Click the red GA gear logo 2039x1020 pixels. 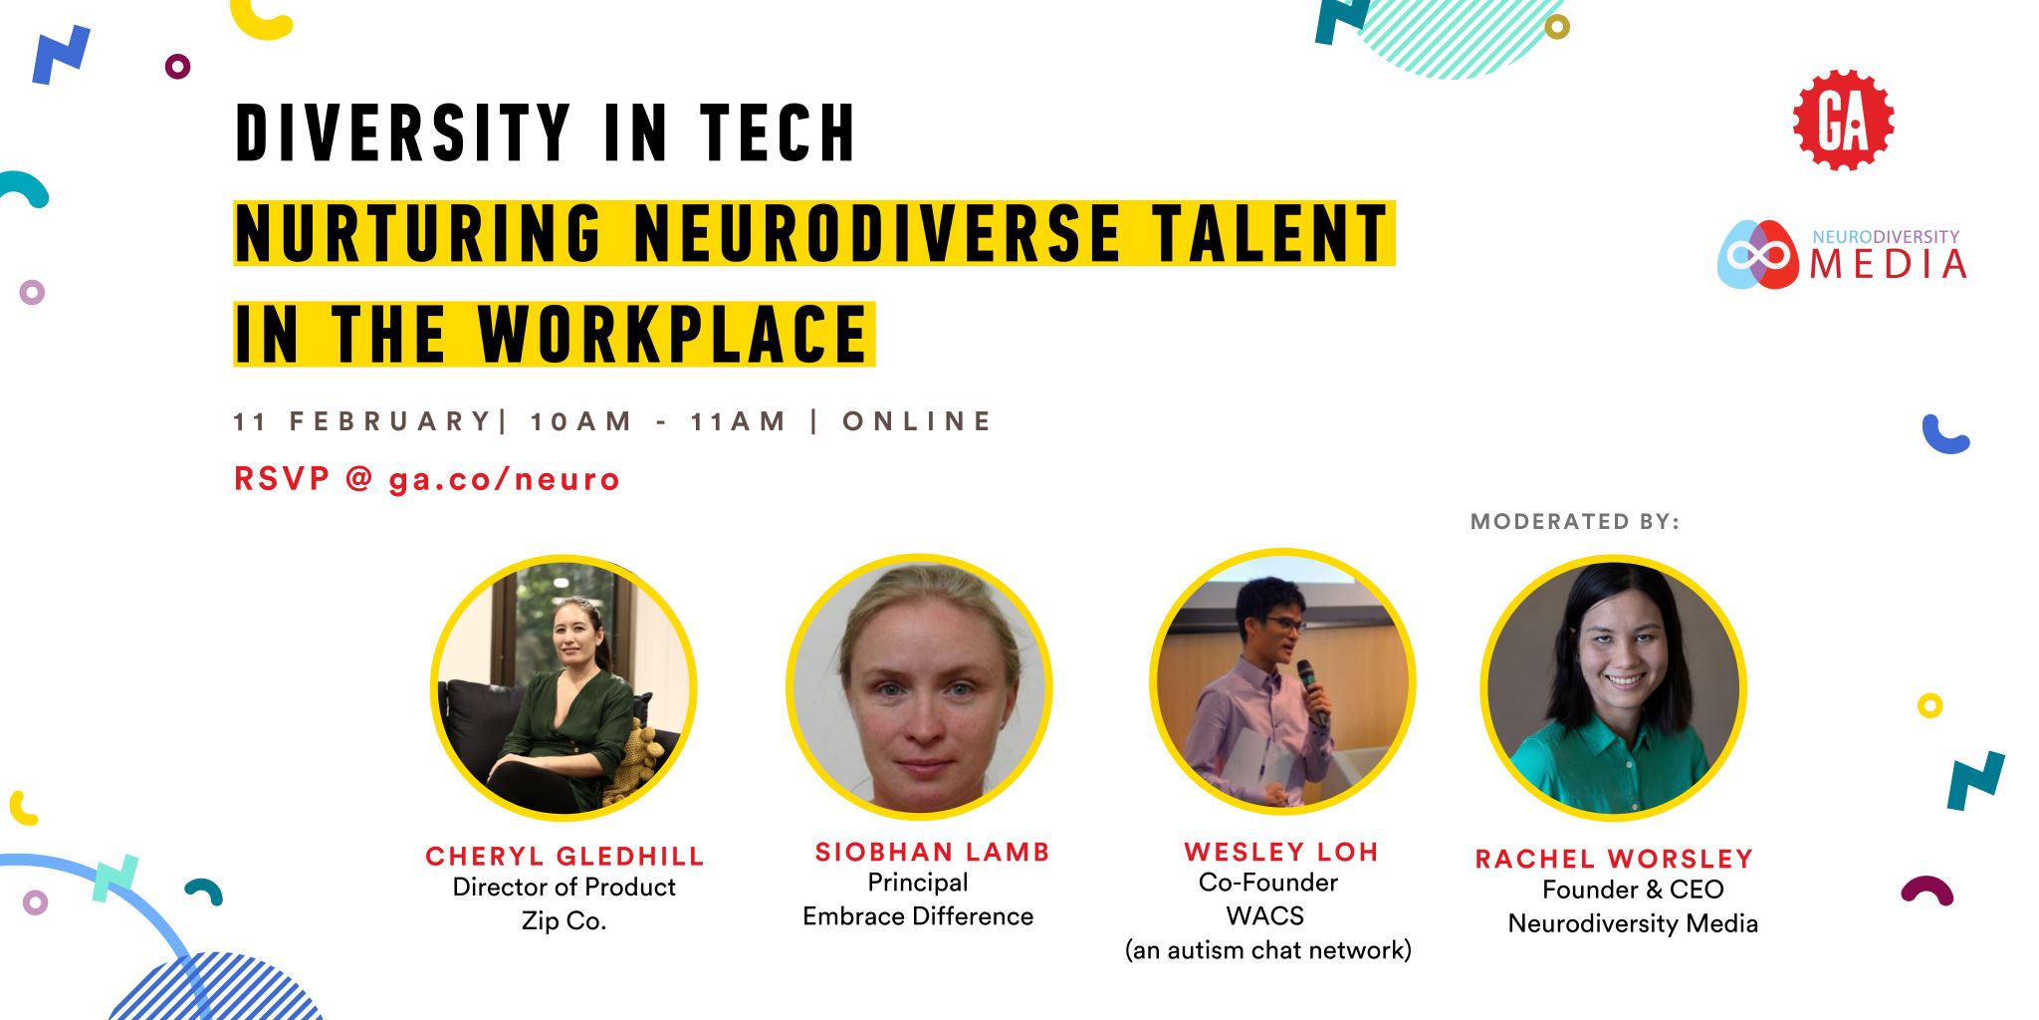point(1843,120)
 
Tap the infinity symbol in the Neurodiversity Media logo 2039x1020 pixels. point(1759,255)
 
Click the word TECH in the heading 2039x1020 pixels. point(778,132)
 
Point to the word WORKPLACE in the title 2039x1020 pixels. point(673,334)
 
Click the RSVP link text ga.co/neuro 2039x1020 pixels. point(504,480)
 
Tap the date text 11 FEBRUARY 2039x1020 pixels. point(362,421)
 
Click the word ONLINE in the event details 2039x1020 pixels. point(917,421)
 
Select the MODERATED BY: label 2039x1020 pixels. point(1575,521)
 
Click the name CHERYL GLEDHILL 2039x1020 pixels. point(565,857)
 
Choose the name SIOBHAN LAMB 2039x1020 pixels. point(933,853)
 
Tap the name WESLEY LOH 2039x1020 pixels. point(1281,853)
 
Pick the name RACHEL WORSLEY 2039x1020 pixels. point(1614,859)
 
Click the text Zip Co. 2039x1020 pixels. point(564,921)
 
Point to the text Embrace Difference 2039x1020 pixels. point(918,916)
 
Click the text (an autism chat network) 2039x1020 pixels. point(1268,950)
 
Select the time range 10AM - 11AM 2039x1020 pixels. point(658,421)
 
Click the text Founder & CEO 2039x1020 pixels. point(1633,890)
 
